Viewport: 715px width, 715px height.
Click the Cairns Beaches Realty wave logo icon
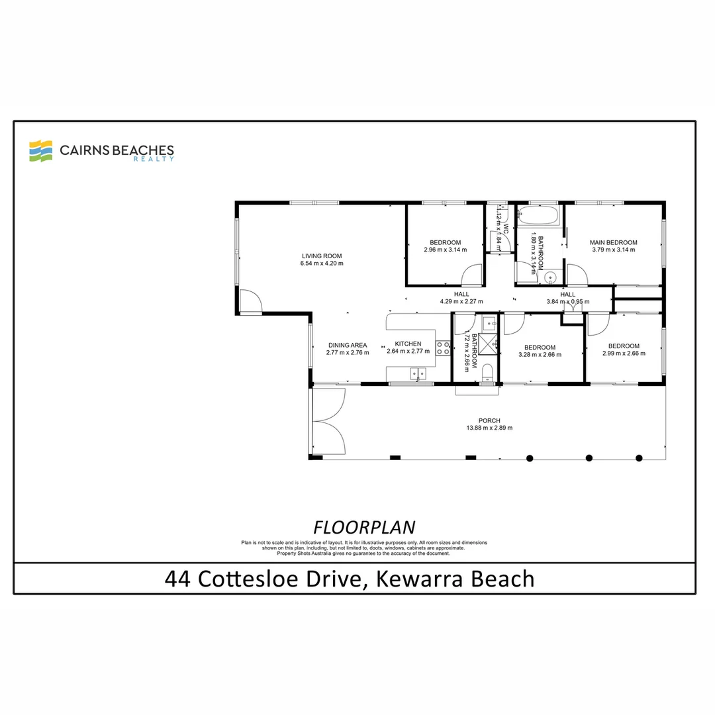tap(40, 151)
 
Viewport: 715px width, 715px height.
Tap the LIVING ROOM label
tap(322, 256)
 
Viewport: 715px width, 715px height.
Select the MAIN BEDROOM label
tap(614, 242)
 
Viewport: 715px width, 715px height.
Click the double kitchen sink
tap(418, 374)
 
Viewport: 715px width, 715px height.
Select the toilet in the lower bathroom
tap(487, 372)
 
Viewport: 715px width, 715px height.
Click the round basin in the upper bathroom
tap(550, 277)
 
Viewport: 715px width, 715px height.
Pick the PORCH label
tap(490, 420)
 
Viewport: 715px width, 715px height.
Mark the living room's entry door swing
tap(250, 301)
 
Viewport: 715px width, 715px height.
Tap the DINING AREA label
tap(348, 345)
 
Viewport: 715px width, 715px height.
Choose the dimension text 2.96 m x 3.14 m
tap(445, 250)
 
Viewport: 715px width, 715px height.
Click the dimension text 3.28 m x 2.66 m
tap(540, 354)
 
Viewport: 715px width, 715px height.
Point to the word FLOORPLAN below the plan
tap(363, 527)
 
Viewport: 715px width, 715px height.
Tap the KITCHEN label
tap(408, 344)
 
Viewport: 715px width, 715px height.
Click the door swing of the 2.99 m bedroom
tap(597, 323)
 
